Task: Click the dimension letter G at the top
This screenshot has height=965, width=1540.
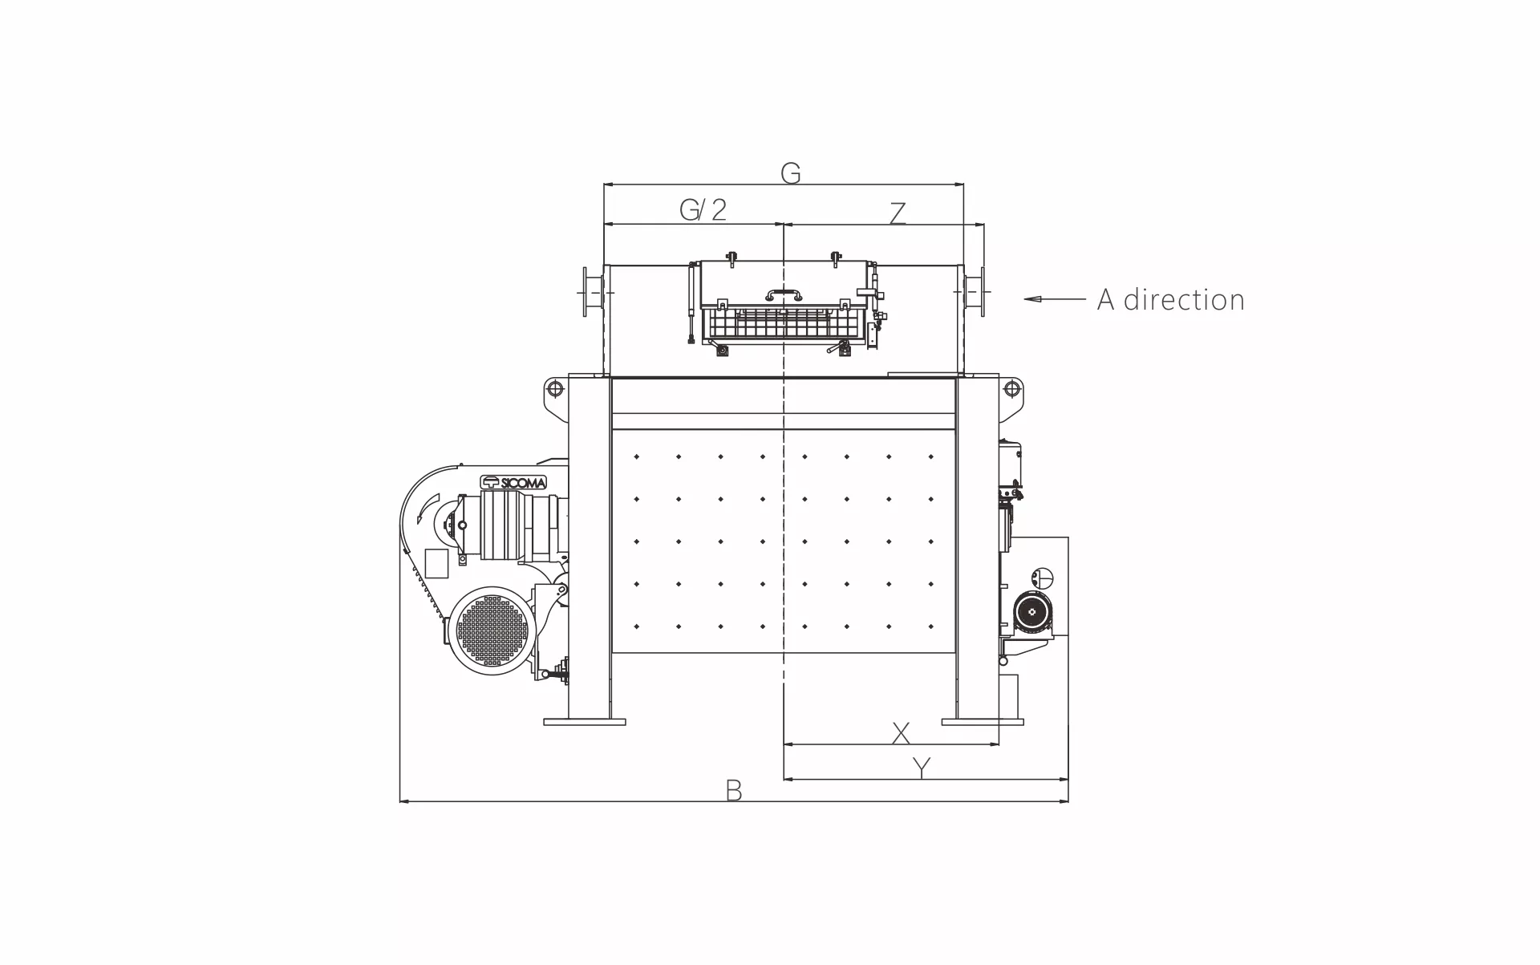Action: click(790, 172)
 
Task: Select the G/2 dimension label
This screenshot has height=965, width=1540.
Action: click(703, 209)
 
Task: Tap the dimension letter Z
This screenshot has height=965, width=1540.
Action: click(898, 213)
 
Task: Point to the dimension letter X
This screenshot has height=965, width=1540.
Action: click(901, 732)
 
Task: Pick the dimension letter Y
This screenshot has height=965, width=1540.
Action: click(922, 768)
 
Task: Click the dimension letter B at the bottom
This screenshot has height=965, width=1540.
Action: click(733, 790)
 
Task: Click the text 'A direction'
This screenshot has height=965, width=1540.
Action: click(1171, 299)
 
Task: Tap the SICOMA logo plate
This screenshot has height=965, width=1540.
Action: click(513, 482)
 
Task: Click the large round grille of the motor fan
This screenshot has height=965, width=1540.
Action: click(491, 630)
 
